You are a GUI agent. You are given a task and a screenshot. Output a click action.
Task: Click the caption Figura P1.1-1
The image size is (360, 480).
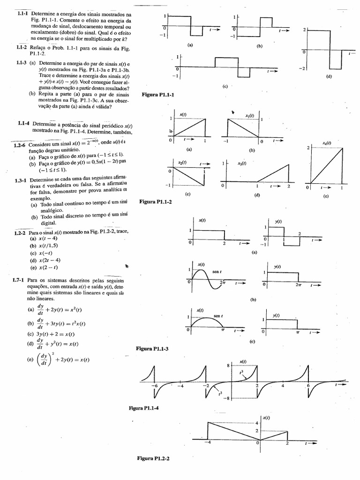[157, 95]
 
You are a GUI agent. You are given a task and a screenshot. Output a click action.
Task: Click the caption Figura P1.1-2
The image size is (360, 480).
[156, 202]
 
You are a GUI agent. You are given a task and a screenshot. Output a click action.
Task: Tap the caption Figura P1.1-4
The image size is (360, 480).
[144, 408]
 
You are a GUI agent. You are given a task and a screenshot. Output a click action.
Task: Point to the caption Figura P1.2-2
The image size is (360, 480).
[153, 458]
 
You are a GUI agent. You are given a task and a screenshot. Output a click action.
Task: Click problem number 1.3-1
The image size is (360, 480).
[22, 180]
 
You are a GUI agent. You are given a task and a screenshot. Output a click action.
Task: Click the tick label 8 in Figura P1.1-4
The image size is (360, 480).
[228, 365]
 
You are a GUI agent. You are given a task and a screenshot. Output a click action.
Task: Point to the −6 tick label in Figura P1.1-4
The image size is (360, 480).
[154, 386]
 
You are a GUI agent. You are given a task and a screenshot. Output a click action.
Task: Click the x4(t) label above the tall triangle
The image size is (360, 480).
[327, 142]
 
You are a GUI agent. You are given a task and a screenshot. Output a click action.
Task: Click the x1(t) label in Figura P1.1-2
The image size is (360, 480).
[249, 115]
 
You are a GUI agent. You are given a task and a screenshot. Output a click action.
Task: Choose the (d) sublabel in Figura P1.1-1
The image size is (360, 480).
[328, 76]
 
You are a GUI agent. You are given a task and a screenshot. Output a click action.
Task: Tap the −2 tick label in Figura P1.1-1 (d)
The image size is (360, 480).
[303, 68]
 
